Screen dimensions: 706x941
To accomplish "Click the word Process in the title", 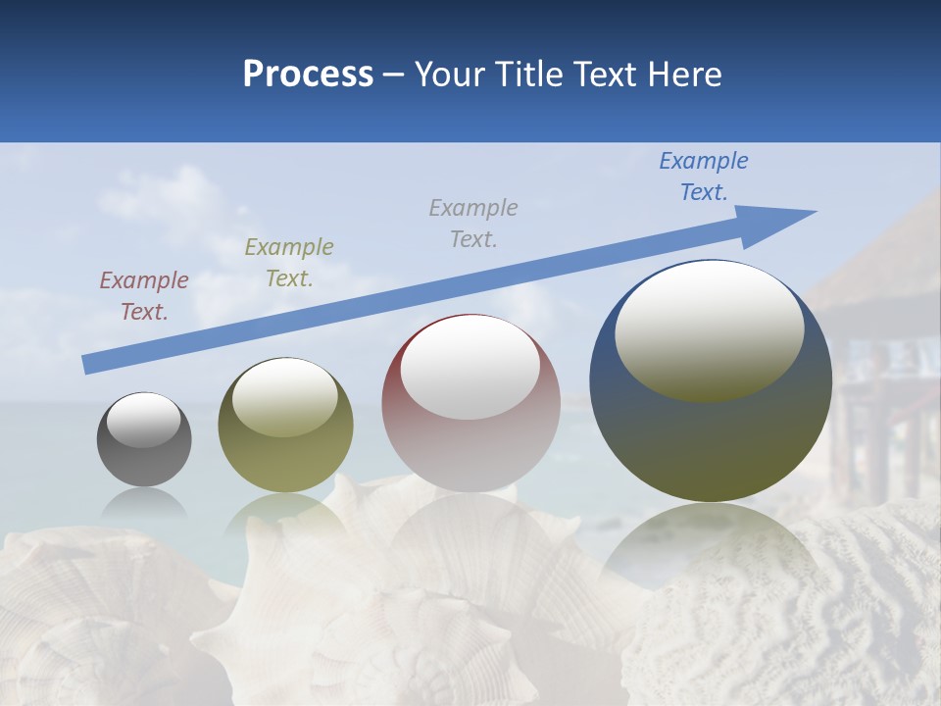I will [x=308, y=75].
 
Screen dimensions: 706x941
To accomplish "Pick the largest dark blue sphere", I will [x=711, y=441].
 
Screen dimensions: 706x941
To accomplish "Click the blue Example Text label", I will [x=703, y=176].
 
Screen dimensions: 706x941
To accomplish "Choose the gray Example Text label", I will [x=473, y=223].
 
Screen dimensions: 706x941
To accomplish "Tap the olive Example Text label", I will [x=289, y=262].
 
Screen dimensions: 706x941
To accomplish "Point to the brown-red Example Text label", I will [x=144, y=295].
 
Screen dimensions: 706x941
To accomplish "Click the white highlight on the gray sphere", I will [x=144, y=421].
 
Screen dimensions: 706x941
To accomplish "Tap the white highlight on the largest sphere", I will [x=709, y=331].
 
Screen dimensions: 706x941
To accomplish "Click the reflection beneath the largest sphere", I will [x=711, y=549].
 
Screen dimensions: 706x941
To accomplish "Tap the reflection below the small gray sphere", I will [x=144, y=502].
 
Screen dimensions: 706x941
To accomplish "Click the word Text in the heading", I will [x=608, y=75].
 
